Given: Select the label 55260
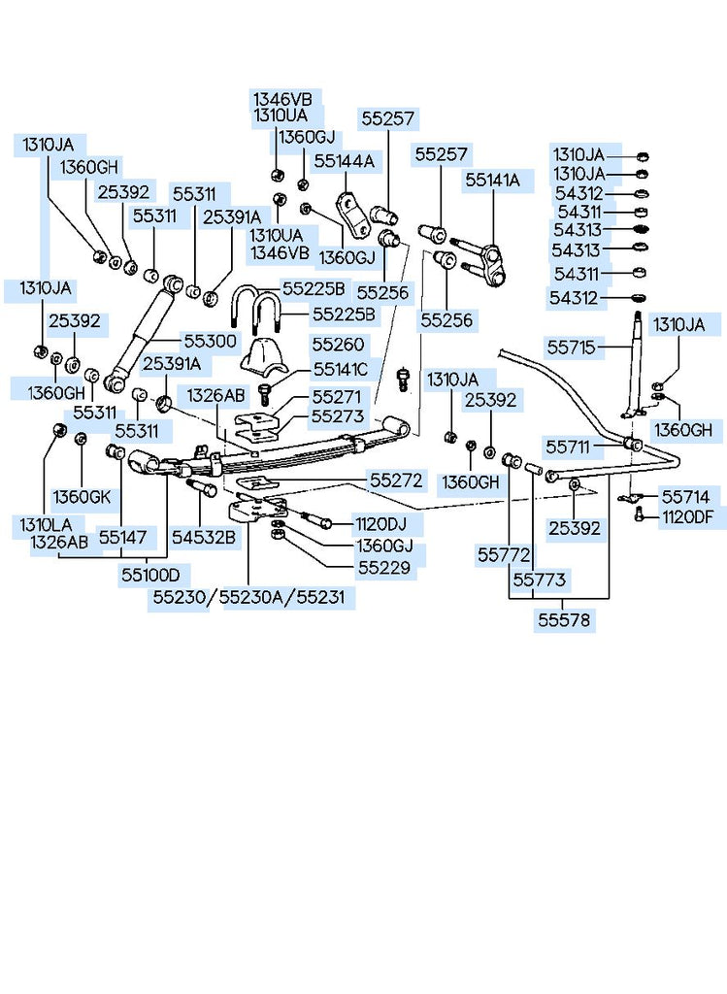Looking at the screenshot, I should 339,344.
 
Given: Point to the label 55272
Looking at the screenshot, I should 396,480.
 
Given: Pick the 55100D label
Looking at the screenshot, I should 150,576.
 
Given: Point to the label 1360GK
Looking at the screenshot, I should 83,496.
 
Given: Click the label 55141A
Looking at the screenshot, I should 492,180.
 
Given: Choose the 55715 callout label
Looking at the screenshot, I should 574,345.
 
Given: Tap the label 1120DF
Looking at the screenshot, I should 694,517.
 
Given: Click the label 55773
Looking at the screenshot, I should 542,580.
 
